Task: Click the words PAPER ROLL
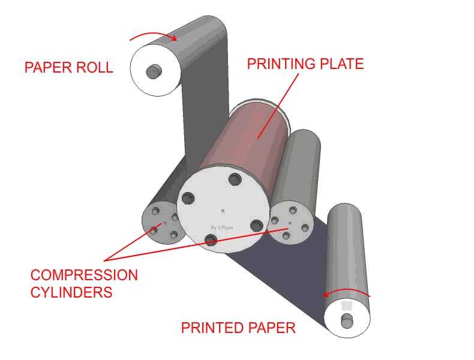click(x=68, y=67)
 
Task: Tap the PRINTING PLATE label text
click(x=305, y=64)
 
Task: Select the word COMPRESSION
click(x=84, y=275)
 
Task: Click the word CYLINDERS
click(x=71, y=293)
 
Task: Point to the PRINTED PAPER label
click(x=238, y=328)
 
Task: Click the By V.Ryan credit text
click(x=222, y=227)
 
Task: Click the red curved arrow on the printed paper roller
click(x=347, y=292)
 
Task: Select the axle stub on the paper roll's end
click(x=154, y=71)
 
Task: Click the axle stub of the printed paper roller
click(x=347, y=321)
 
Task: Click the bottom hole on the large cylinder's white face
click(x=211, y=240)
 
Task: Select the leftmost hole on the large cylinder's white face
click(x=188, y=197)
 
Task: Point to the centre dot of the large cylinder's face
click(x=223, y=210)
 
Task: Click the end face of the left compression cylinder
click(x=161, y=223)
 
